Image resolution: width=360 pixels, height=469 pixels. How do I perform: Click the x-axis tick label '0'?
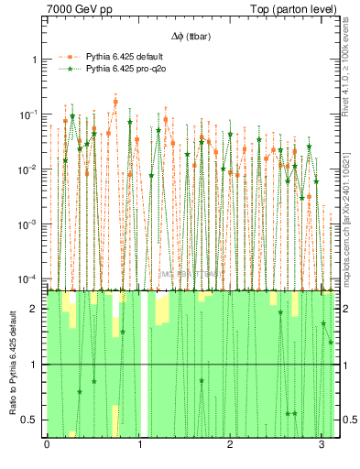(47, 444)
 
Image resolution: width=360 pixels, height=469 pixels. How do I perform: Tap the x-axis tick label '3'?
(322, 444)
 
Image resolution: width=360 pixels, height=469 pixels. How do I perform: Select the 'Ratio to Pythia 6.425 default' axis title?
(12, 362)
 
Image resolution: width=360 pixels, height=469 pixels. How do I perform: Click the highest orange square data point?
(115, 102)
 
